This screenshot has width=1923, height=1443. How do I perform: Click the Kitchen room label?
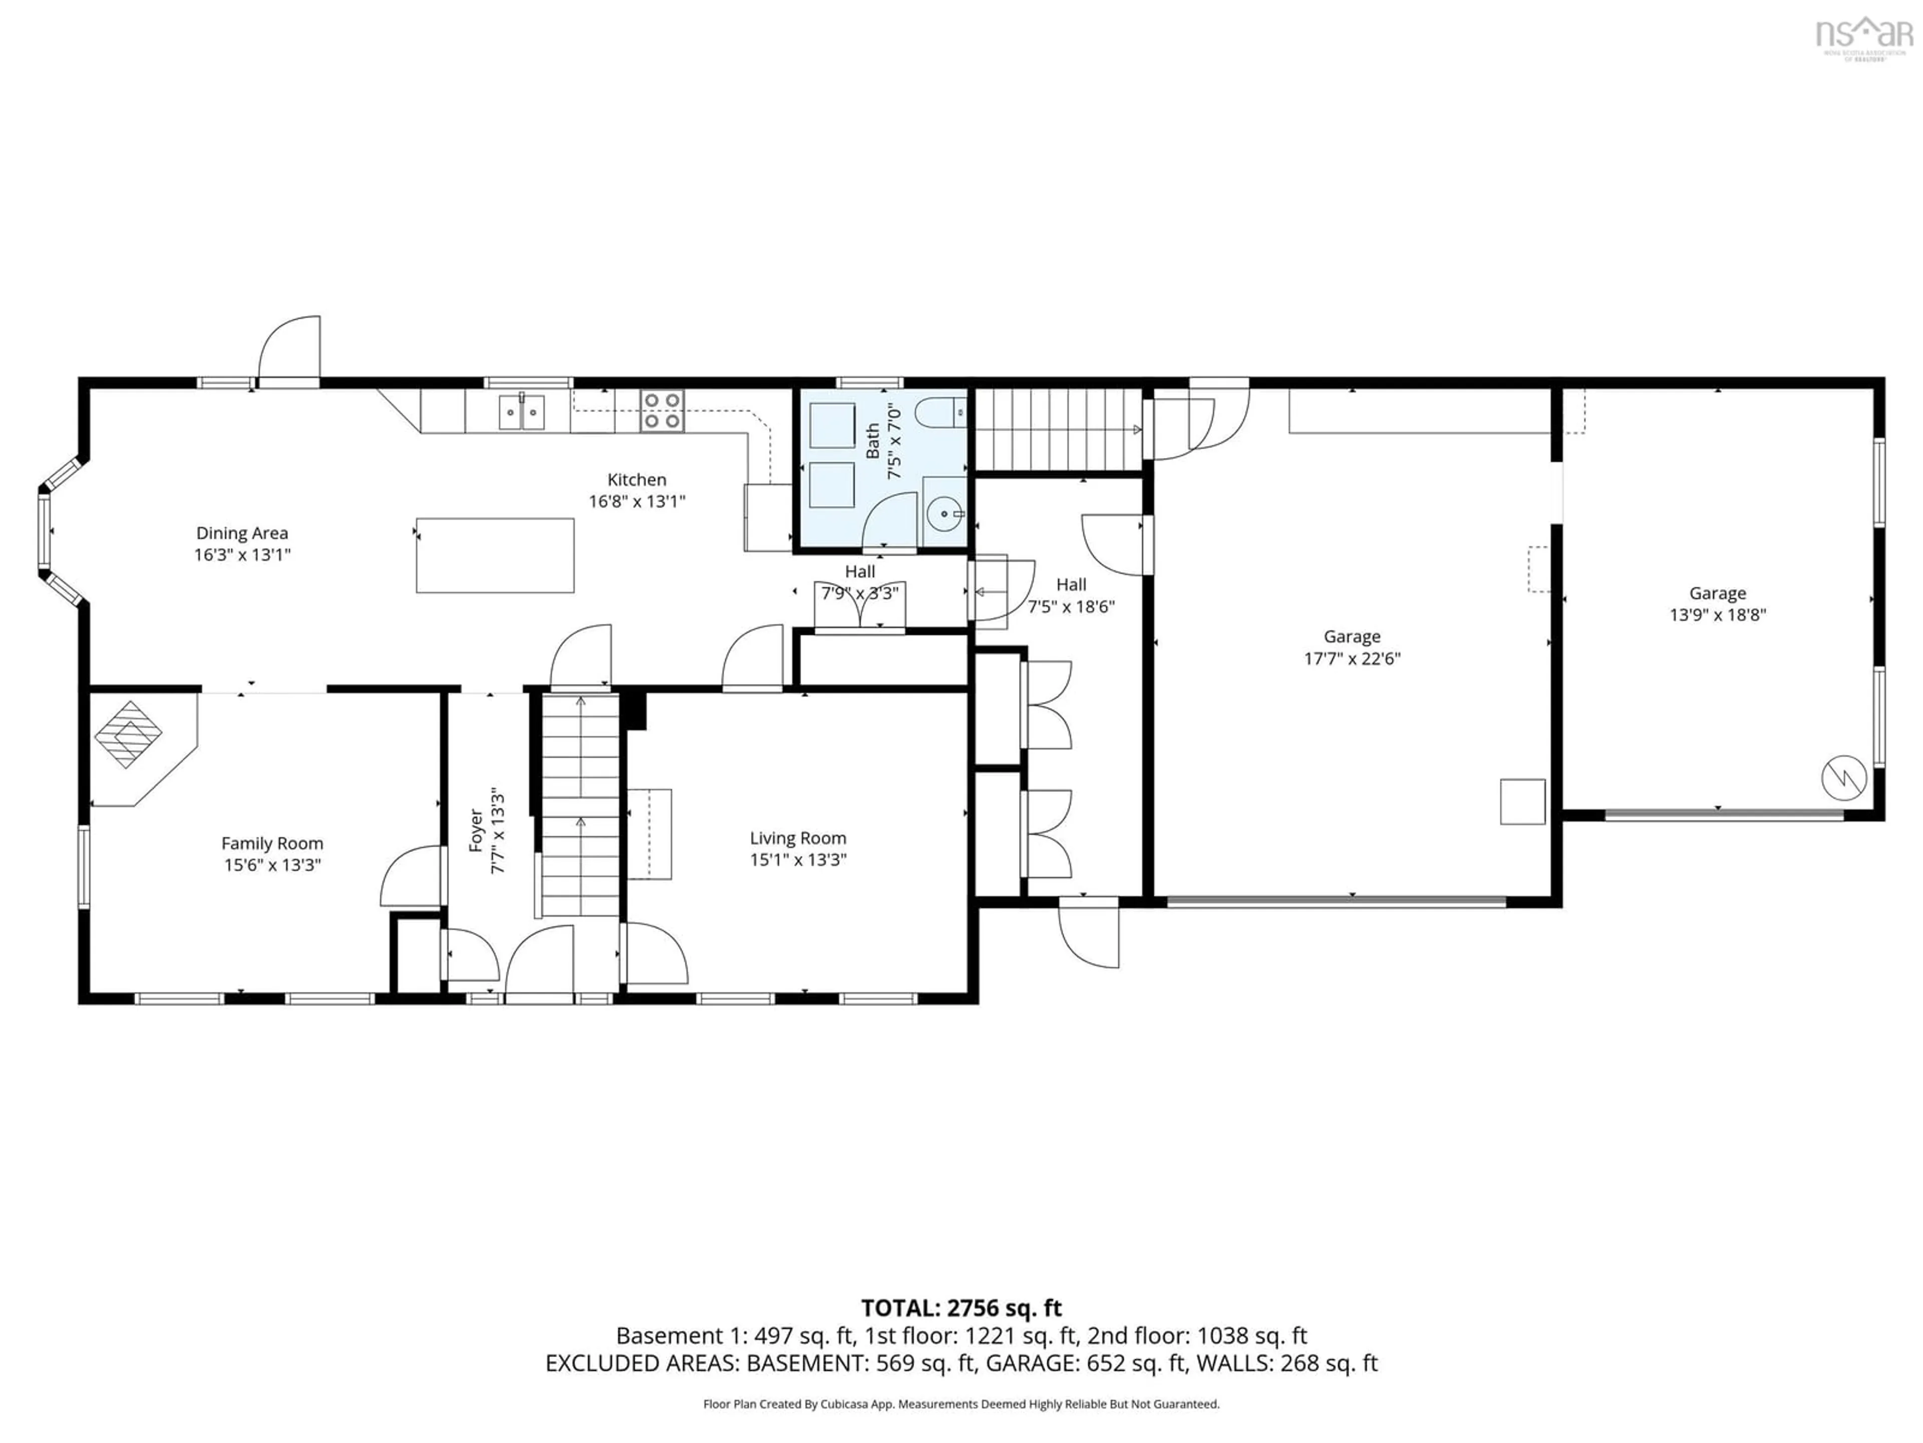[x=636, y=479]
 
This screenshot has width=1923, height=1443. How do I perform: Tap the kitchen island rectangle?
[x=495, y=555]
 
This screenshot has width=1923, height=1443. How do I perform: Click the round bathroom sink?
[x=943, y=514]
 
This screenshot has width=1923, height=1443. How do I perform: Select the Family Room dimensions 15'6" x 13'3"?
[x=272, y=865]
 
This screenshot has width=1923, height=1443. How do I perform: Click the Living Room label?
[x=797, y=838]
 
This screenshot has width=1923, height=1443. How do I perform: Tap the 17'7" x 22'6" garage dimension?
[x=1352, y=658]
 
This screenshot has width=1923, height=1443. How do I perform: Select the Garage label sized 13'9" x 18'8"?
[x=1717, y=593]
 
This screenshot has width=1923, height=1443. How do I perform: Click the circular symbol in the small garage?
[x=1844, y=778]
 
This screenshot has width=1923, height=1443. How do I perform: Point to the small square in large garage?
[x=1522, y=801]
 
